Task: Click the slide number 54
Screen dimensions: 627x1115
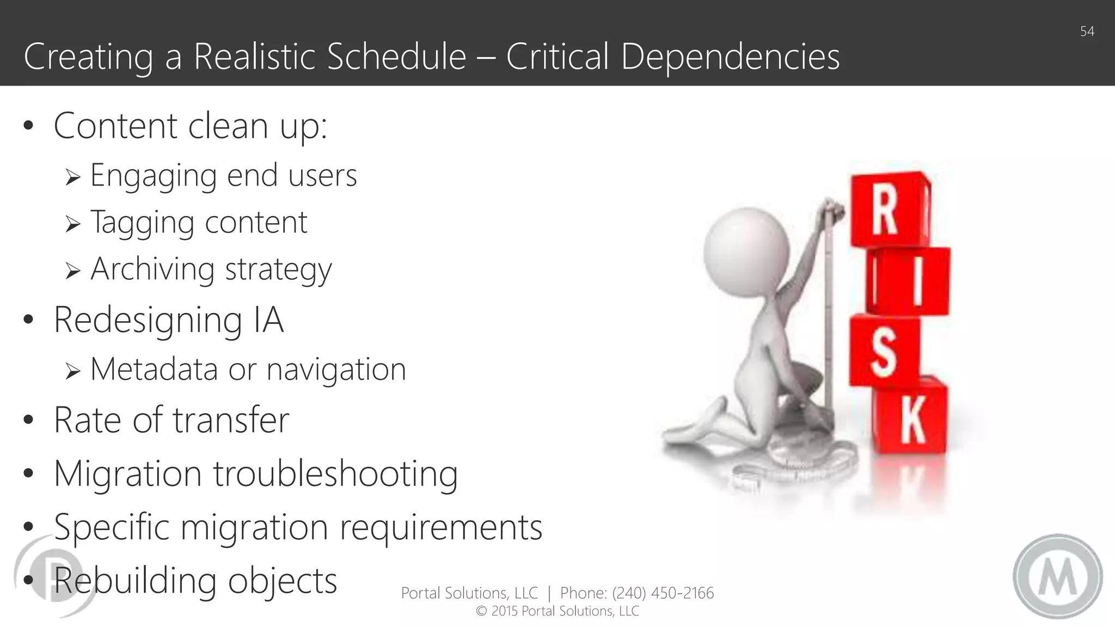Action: click(1087, 32)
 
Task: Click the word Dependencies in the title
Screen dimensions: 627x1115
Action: click(730, 57)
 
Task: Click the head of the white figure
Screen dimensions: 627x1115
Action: click(746, 250)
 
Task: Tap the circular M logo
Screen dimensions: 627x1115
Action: click(1057, 576)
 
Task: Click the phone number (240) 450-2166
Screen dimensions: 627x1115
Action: click(663, 593)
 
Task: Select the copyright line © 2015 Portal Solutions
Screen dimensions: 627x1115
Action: click(557, 611)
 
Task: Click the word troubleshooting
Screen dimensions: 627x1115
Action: click(335, 474)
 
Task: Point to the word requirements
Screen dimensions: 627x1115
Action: click(441, 527)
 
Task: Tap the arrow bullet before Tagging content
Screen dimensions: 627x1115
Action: click(72, 224)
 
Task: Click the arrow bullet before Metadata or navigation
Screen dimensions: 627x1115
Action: click(72, 371)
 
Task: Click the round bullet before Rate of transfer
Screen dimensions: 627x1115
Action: click(29, 420)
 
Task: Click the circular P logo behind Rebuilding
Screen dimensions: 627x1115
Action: click(52, 577)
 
